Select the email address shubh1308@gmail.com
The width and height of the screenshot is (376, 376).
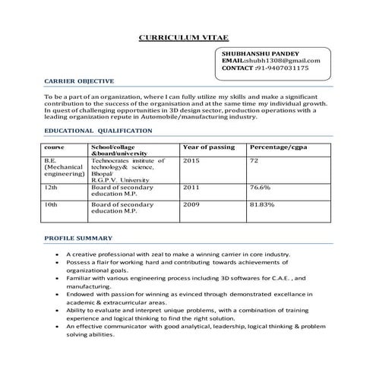pyautogui.click(x=283, y=61)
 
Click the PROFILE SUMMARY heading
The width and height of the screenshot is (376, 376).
pyautogui.click(x=79, y=238)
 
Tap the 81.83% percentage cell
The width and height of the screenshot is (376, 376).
pyautogui.click(x=264, y=204)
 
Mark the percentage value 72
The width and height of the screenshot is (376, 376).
pyautogui.click(x=254, y=161)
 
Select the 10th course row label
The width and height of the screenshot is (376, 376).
pyautogui.click(x=52, y=204)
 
